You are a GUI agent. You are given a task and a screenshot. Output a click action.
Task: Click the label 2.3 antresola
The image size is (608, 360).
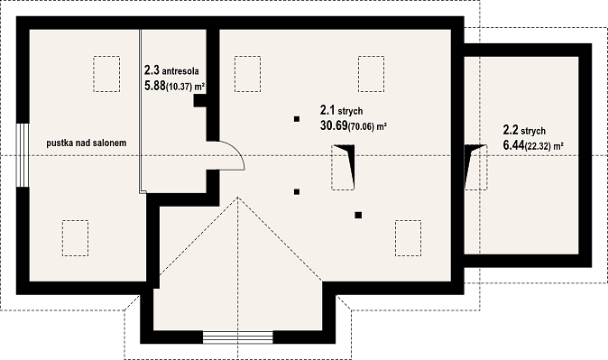click(x=171, y=70)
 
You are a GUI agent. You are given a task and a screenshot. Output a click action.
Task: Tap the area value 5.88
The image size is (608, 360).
click(x=155, y=86)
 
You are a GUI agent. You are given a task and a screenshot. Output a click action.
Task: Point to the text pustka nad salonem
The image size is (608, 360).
click(x=87, y=143)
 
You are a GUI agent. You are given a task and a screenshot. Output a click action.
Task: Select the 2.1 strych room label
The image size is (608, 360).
click(x=341, y=111)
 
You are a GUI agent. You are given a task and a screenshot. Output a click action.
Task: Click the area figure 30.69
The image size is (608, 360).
click(x=334, y=125)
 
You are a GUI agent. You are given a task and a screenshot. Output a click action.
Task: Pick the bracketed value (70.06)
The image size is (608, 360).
click(x=361, y=127)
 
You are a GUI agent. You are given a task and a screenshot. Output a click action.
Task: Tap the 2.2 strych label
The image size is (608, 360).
click(x=524, y=130)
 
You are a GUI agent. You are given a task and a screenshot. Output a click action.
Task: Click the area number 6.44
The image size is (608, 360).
click(x=513, y=145)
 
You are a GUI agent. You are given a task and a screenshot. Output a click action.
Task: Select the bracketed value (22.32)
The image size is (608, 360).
click(x=538, y=147)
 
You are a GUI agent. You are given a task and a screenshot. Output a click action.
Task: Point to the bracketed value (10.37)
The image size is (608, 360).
click(x=180, y=87)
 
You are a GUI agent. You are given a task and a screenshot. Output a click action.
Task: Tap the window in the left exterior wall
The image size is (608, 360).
click(x=23, y=155)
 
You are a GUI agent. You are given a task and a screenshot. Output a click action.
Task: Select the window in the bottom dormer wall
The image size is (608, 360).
click(x=237, y=337)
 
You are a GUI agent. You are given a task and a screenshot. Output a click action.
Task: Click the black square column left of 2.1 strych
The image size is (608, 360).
click(x=297, y=119)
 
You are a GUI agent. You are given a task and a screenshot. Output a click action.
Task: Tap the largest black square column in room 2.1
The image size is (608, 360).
click(x=358, y=215)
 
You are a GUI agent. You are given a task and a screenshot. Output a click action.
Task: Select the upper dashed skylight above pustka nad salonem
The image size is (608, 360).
click(x=106, y=74)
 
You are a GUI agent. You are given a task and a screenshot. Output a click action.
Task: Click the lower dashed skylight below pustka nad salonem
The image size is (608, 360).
click(x=75, y=238)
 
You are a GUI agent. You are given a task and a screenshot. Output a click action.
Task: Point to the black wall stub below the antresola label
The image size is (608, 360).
click(x=200, y=101)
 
